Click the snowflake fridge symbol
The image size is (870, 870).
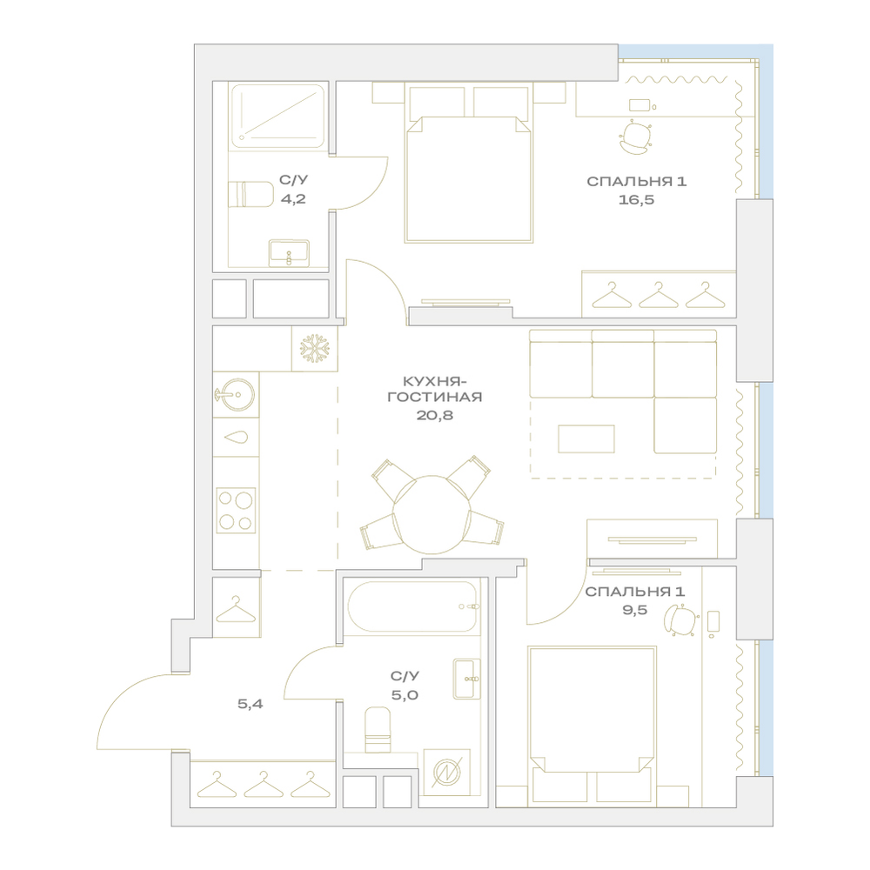coord(315,349)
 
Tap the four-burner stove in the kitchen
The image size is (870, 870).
coord(236,511)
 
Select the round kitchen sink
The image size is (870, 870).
coord(235,394)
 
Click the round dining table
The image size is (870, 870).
coord(432,514)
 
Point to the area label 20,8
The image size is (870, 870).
coord(435,415)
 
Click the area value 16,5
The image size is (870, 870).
coord(637,200)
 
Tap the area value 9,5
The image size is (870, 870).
coord(635,610)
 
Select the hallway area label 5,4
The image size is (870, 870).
coord(251,704)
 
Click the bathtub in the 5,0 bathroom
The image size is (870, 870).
coord(412,606)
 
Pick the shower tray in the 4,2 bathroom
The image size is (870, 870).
coord(278,116)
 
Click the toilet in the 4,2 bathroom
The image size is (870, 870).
coord(251,194)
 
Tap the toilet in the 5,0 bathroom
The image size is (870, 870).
coord(378,729)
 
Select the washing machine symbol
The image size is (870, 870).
coord(446,772)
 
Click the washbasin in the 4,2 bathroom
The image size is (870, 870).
coord(289,253)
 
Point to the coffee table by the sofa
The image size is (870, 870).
coord(586,438)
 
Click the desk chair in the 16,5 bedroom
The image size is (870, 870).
coord(635,137)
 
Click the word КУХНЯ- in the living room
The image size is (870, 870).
coord(435,381)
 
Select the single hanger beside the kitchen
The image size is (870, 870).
coord(236,609)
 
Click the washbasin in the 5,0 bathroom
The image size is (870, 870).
coord(466,679)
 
